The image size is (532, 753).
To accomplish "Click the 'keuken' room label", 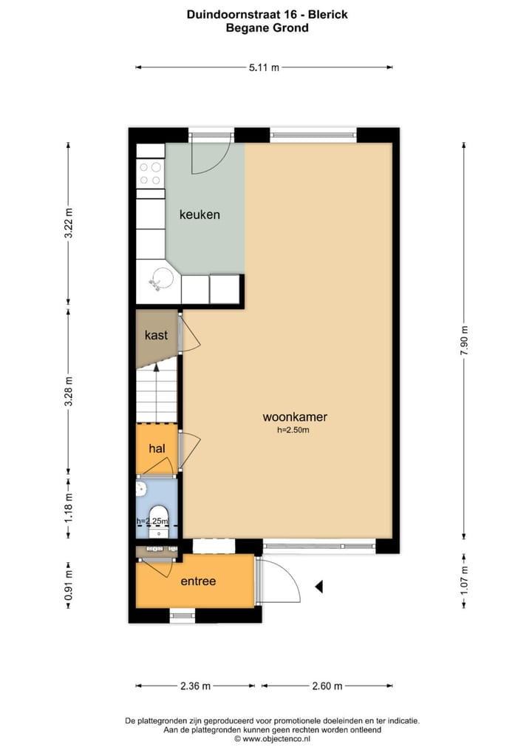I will (x=199, y=215).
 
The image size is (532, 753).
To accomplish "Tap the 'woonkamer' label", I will (x=295, y=417).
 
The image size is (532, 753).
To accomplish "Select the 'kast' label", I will (x=156, y=335).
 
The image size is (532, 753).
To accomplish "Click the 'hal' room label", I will (x=157, y=448).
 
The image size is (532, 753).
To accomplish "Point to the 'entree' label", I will (x=198, y=581).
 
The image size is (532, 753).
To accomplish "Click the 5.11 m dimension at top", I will (x=264, y=67).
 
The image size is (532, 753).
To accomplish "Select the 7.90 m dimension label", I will (x=464, y=341).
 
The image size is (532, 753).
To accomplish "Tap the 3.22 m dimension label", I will (x=69, y=222).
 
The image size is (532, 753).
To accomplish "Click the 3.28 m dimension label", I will (x=69, y=392).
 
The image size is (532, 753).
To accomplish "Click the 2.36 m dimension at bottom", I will (x=195, y=686).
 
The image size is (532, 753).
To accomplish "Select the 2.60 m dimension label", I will (x=326, y=686).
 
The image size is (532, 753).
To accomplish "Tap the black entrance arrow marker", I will (x=320, y=587).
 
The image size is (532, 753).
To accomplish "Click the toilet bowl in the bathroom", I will (x=158, y=515).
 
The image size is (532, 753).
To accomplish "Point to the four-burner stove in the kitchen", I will (x=151, y=173).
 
